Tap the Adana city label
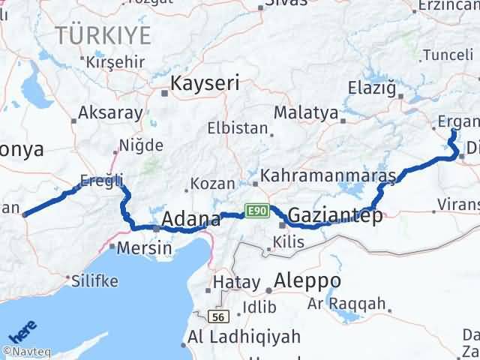point(193,220)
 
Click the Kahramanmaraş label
point(329,175)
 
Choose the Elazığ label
point(371,88)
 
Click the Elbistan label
point(237,127)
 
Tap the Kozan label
point(213,184)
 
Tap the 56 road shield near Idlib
point(218,317)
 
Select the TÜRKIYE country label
point(102,34)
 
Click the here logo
point(22,331)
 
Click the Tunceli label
point(448,55)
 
